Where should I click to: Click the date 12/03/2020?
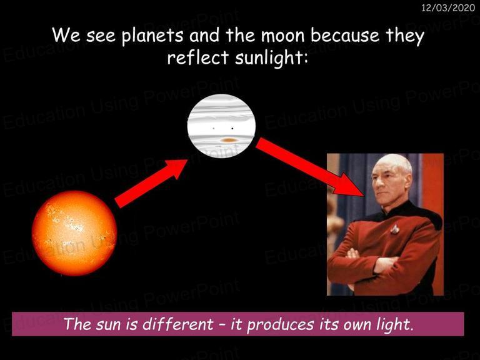tap(448, 7)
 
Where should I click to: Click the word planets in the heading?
tap(152, 36)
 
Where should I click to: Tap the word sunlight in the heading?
tap(271, 57)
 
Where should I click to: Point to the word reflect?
tap(198, 57)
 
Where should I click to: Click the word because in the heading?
tap(345, 36)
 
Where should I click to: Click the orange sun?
tap(74, 233)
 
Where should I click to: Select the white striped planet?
tap(221, 126)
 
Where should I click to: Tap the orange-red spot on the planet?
tap(229, 140)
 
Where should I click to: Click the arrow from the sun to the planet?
tap(151, 183)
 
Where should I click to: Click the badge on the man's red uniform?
tap(395, 229)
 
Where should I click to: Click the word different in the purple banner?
tap(178, 324)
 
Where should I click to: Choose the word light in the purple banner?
tap(395, 324)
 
